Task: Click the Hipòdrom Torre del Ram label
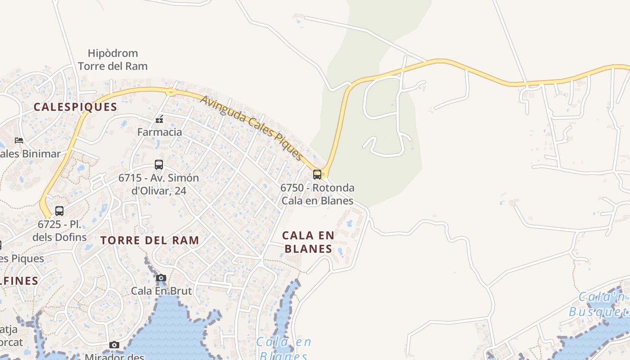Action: (x=112, y=59)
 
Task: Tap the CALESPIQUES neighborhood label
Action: (x=75, y=107)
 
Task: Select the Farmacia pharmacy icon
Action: (x=159, y=119)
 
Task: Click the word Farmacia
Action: (x=159, y=132)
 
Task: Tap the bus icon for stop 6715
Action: (x=159, y=165)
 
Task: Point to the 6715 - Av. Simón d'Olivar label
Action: (x=158, y=184)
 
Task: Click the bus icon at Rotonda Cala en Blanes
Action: (x=317, y=175)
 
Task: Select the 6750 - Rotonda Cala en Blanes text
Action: (x=317, y=194)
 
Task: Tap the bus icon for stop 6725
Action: (x=59, y=211)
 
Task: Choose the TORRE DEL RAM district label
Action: (x=150, y=240)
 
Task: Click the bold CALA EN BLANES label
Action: (x=308, y=242)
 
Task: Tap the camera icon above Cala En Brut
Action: (x=161, y=278)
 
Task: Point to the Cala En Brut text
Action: (x=161, y=291)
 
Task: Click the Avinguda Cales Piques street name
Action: (x=251, y=128)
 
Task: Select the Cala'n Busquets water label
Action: (x=598, y=305)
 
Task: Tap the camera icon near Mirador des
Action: (x=114, y=345)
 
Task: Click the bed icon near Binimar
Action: (x=19, y=140)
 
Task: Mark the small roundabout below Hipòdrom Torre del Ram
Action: (x=171, y=93)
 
